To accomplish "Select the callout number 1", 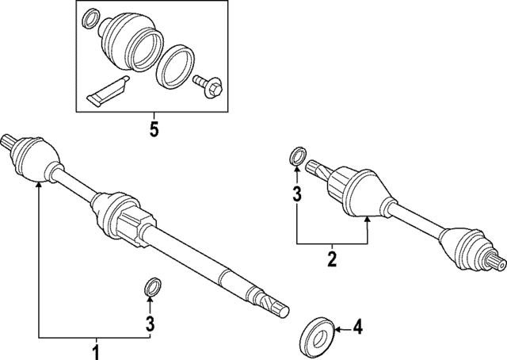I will point(96,350).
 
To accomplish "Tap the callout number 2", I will point(332,258).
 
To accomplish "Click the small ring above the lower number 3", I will point(150,285).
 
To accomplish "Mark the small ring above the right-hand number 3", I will point(297,155).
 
